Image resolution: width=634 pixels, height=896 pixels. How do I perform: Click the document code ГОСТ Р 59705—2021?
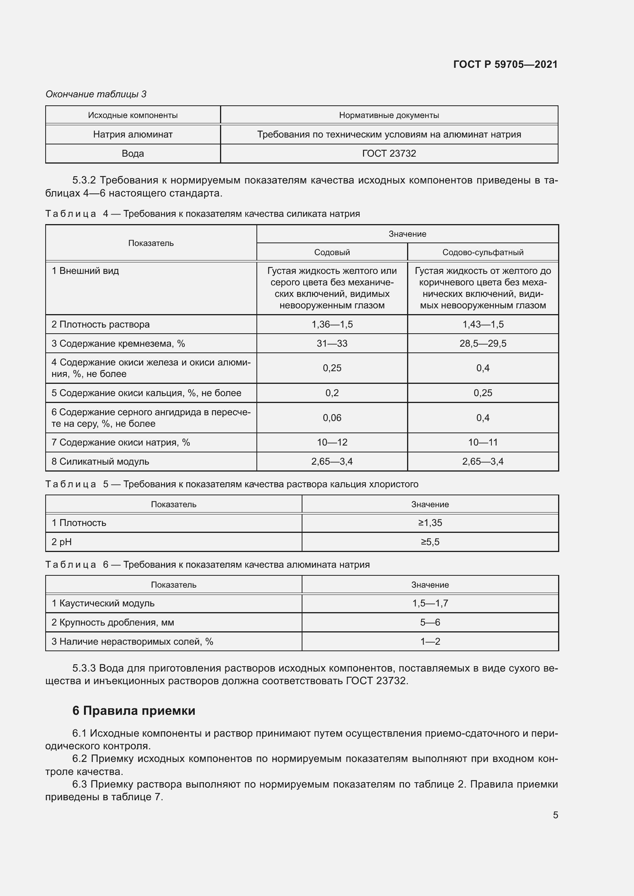[505, 64]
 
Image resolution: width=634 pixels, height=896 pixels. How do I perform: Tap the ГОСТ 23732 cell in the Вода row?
[389, 153]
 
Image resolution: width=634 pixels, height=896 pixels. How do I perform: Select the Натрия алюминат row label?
[133, 134]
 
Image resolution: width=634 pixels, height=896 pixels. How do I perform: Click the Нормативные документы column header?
[389, 115]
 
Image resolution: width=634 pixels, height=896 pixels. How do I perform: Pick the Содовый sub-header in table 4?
[332, 252]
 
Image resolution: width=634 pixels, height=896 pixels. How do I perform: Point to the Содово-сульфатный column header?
[483, 252]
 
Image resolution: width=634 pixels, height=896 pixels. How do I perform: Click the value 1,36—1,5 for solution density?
[332, 324]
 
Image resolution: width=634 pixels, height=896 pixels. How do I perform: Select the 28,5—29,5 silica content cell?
[483, 343]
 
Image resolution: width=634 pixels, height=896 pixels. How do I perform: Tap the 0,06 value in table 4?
[332, 418]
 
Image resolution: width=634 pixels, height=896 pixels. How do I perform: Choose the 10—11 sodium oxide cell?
[483, 442]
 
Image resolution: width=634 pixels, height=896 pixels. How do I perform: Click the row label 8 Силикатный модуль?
[100, 461]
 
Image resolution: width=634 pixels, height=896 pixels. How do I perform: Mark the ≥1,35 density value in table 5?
[430, 523]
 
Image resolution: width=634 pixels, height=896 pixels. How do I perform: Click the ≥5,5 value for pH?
[430, 542]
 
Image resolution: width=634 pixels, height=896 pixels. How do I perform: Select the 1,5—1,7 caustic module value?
[430, 603]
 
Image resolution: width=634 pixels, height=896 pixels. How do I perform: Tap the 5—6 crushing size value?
[430, 622]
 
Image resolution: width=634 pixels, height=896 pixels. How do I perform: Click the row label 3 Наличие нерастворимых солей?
[132, 641]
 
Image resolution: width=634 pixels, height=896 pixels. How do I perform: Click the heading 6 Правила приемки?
[133, 711]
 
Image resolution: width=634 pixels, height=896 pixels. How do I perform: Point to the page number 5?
[555, 815]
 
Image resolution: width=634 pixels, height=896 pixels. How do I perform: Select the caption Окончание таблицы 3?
[96, 94]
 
